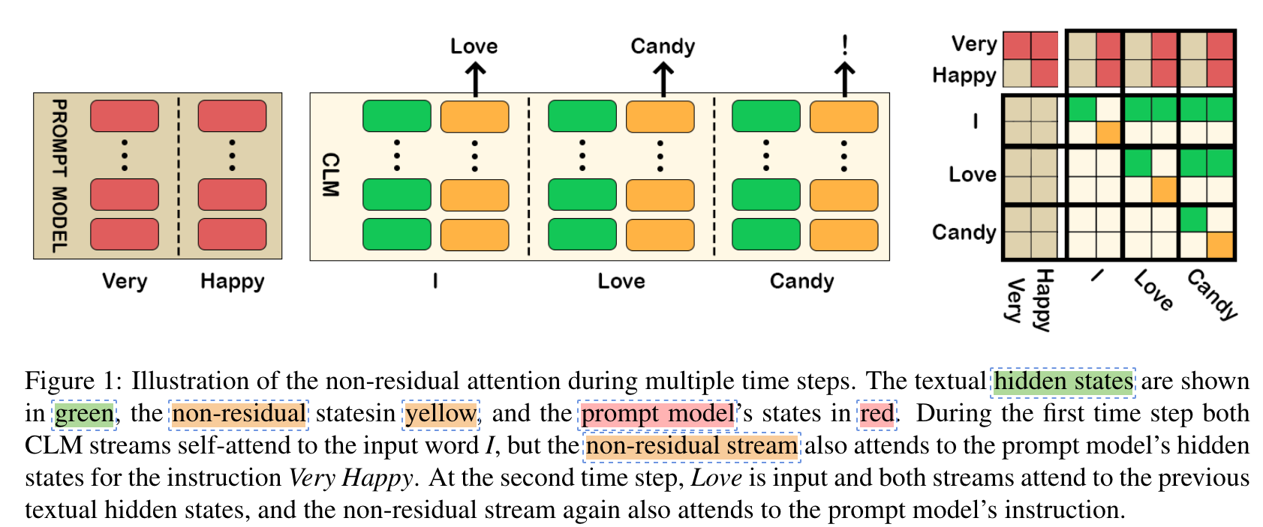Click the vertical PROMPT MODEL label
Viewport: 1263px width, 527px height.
pos(59,175)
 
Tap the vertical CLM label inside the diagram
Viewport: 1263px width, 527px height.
pos(330,175)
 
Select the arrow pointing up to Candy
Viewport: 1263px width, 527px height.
pos(663,79)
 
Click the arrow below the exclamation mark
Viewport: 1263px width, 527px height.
pos(845,79)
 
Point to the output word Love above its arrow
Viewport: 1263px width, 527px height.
pos(474,46)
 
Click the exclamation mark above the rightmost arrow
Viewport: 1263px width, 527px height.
pos(845,45)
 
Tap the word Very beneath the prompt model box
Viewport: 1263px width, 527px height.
pos(125,281)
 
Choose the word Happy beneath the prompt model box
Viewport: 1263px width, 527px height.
pos(232,282)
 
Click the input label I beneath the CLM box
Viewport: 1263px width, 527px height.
pos(435,281)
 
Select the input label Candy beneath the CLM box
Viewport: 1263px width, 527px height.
pos(801,282)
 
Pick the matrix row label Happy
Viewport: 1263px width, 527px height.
pos(964,75)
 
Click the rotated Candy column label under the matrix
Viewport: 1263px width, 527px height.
pos(1212,294)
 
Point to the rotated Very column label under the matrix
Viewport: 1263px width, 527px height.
pos(1015,299)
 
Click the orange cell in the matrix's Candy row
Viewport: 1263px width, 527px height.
pos(1219,245)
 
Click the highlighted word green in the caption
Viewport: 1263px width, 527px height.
pos(85,414)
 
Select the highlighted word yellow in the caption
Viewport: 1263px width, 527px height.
pos(441,414)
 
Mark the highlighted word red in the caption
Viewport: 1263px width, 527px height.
pos(877,414)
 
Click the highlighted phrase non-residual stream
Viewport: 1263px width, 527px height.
pos(691,446)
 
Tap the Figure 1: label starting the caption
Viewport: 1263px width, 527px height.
pos(72,381)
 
